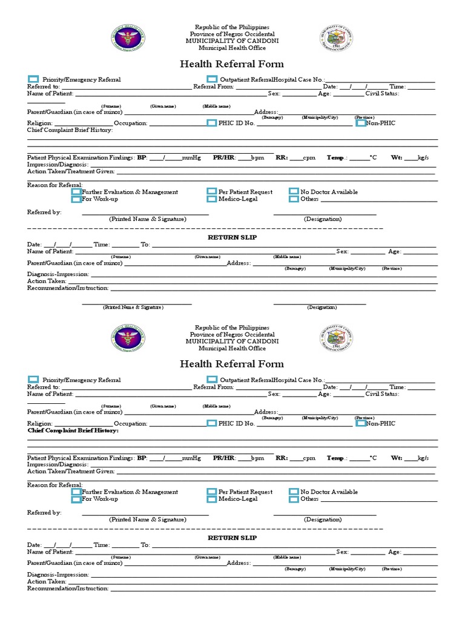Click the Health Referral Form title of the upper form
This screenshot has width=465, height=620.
point(232,64)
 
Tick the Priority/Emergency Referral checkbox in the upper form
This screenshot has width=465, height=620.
point(33,79)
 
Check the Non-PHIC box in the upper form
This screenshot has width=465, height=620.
point(360,123)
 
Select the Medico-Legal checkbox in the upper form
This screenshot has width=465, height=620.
point(211,199)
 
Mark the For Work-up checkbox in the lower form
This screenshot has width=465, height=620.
point(76,500)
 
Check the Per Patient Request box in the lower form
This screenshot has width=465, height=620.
point(211,492)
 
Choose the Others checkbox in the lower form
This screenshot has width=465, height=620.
point(294,500)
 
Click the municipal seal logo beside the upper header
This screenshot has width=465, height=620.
point(336,39)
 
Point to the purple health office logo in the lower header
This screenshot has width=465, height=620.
point(128,339)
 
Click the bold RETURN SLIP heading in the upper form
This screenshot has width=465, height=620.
point(232,237)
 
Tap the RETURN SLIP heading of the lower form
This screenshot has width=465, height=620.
point(232,538)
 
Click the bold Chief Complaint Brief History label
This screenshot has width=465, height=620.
point(73,430)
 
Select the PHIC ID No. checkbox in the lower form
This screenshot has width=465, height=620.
point(211,423)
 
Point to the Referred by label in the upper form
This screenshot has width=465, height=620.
point(44,213)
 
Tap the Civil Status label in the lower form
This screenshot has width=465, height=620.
point(382,394)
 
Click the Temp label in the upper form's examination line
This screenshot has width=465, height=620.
point(337,157)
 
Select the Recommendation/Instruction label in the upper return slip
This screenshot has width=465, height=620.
point(68,288)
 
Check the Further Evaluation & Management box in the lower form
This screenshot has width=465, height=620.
point(76,492)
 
